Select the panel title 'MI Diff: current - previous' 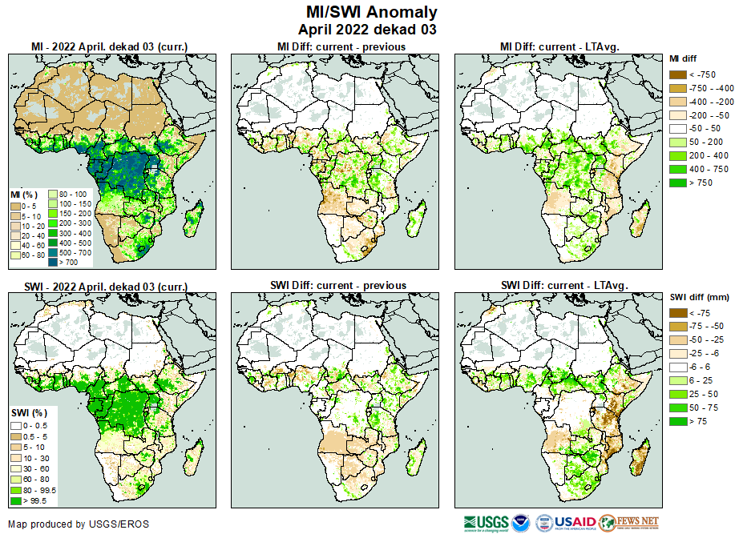(x=341, y=46)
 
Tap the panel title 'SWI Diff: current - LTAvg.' (x=563, y=285)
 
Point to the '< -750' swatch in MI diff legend (x=677, y=74)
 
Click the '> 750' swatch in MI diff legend (x=677, y=183)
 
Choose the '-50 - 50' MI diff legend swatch (x=677, y=129)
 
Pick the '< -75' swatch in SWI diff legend (x=677, y=313)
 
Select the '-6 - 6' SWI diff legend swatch (x=677, y=367)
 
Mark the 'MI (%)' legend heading (x=25, y=195)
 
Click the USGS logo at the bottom (x=487, y=522)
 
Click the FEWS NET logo (x=628, y=522)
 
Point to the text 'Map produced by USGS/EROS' (x=78, y=524)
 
